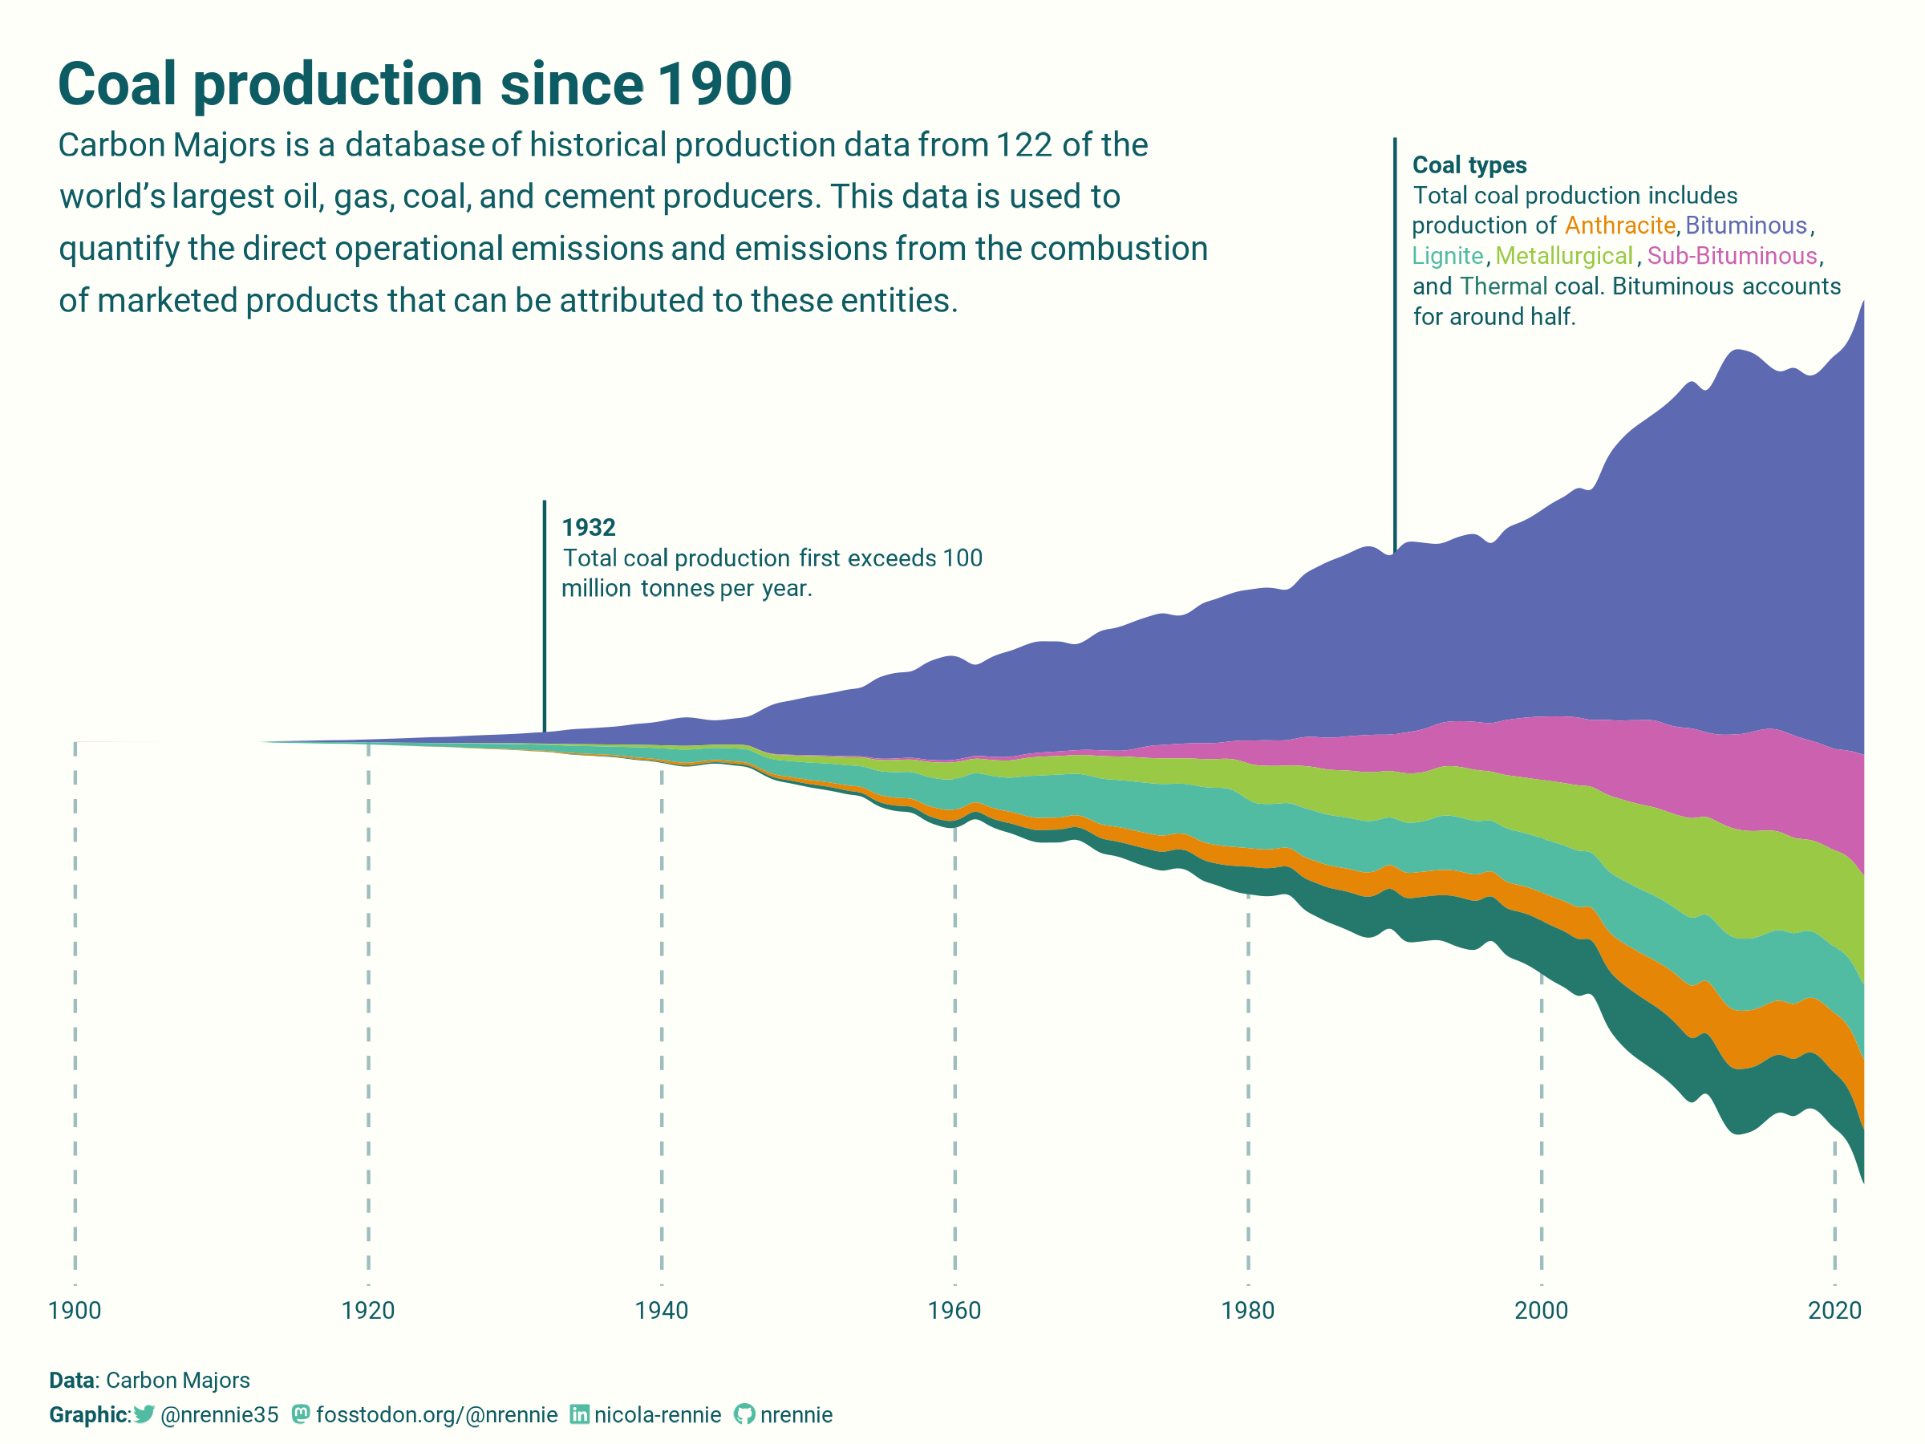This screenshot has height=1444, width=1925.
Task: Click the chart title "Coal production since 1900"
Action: coord(424,84)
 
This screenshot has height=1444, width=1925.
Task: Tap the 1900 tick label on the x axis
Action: coord(75,1310)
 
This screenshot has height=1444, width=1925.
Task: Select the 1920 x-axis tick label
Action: coord(368,1310)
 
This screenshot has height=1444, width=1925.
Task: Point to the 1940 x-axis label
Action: coord(662,1310)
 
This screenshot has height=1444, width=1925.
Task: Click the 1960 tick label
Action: coord(954,1310)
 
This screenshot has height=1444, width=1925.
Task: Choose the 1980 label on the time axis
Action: coord(1248,1310)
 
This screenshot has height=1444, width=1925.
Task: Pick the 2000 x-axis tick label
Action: coord(1542,1310)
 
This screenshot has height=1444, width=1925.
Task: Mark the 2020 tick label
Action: coord(1834,1310)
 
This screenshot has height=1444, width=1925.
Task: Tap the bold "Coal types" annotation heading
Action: coord(1469,165)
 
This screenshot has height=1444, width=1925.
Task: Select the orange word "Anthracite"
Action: coord(1619,225)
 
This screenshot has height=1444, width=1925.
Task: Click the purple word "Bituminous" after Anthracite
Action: coord(1745,225)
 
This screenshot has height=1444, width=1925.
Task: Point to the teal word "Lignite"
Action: coord(1447,256)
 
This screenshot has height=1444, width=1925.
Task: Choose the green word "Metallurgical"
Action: coord(1564,256)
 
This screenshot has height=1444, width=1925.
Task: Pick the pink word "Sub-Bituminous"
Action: coord(1732,256)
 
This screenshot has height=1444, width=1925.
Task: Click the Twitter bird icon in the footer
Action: coord(144,1414)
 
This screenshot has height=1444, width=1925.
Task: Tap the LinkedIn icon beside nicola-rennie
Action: coord(579,1414)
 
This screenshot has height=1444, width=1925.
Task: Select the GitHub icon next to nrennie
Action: coord(744,1414)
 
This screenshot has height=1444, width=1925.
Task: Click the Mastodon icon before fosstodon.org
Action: coord(300,1414)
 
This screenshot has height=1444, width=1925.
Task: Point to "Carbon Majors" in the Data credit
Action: coord(177,1380)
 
